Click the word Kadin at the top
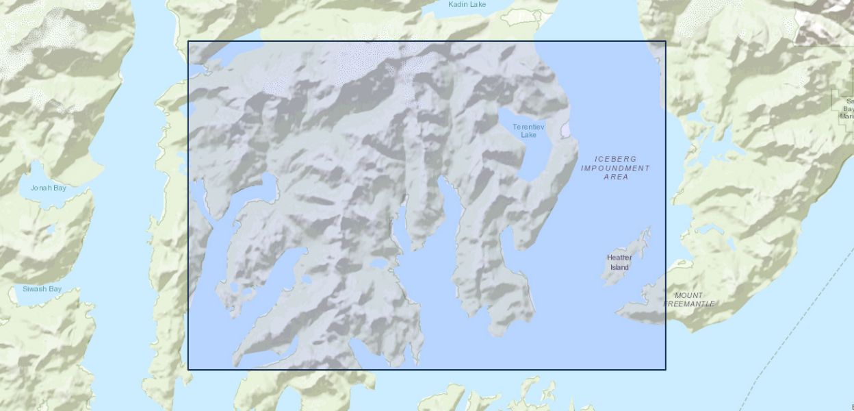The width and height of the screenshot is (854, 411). point(458,5)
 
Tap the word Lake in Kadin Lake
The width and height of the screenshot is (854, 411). point(478,5)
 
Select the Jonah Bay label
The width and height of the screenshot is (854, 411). point(48,188)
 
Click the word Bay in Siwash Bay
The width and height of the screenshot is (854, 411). point(55,289)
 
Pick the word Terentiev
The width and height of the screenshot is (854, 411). point(528,127)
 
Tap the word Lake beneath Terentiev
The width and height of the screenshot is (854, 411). point(528,135)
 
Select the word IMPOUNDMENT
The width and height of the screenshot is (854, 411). point(615,168)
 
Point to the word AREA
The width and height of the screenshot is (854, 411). point(616,177)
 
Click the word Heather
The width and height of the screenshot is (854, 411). point(619,258)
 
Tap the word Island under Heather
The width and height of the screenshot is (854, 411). point(619,267)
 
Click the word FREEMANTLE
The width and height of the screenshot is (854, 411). point(689,303)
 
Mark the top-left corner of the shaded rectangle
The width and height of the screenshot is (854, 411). point(188,41)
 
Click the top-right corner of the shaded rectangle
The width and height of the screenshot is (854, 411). point(666,41)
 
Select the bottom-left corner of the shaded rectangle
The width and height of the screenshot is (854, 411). point(188,370)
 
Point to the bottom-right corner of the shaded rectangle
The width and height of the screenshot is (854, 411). point(666,370)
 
